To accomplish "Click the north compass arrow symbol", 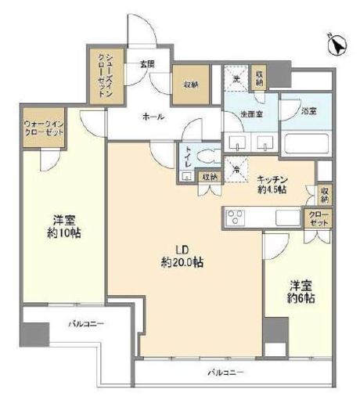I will click(337, 46).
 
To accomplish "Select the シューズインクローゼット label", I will click(105, 74).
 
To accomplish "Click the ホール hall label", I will click(153, 116).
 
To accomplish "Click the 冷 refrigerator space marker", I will click(234, 166).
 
